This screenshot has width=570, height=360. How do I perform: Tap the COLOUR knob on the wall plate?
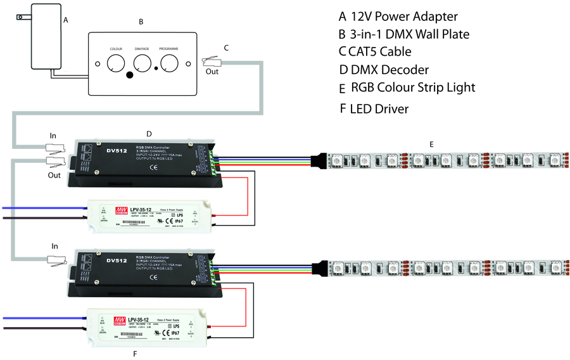[x=116, y=64]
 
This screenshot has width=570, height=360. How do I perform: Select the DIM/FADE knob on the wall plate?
[x=142, y=63]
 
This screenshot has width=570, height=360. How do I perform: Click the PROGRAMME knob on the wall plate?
[x=169, y=63]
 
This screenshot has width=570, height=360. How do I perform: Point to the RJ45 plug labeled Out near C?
[x=211, y=61]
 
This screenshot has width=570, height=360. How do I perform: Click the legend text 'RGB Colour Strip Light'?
[x=412, y=87]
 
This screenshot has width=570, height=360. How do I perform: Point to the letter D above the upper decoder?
[x=149, y=134]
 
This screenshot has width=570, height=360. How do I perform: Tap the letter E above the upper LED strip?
[x=431, y=145]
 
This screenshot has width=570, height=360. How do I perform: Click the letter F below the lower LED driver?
[x=134, y=352]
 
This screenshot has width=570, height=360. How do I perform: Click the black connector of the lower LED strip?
[x=321, y=268]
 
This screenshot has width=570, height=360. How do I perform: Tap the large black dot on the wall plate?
[x=130, y=75]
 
